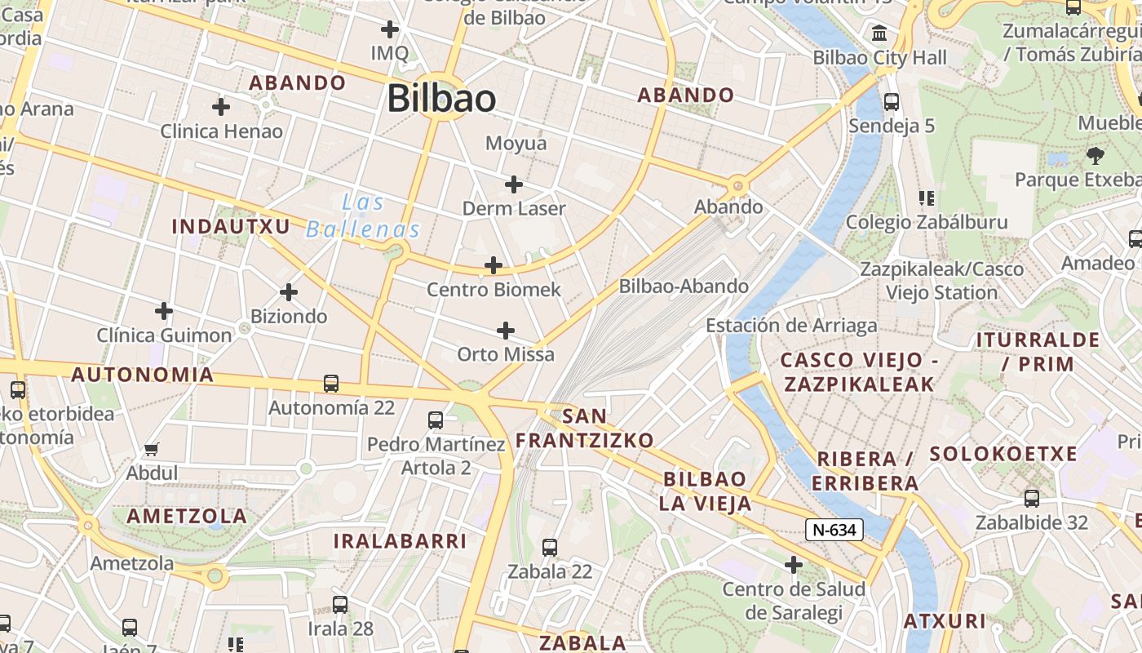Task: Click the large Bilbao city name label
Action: [x=441, y=99]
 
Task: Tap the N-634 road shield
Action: [x=834, y=530]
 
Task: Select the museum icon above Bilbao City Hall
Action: [x=880, y=34]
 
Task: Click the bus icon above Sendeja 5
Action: [x=892, y=102]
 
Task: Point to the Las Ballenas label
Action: [x=363, y=216]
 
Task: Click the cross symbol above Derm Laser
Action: [x=513, y=184]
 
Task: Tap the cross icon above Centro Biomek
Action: [x=494, y=265]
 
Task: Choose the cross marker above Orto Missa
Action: [x=506, y=331]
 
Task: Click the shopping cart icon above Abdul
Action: [x=151, y=449]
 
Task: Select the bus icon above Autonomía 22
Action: [x=331, y=383]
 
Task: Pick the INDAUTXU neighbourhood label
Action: [x=231, y=226]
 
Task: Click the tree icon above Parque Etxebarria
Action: [x=1095, y=155]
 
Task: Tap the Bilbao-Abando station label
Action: [x=684, y=287]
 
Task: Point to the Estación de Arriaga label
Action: [x=791, y=326]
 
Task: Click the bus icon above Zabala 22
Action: [x=550, y=548]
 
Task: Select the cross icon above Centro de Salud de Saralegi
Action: [x=793, y=565]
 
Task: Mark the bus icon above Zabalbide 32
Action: [x=1032, y=498]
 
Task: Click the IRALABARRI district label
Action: [x=400, y=541]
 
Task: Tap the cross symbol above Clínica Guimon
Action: [x=164, y=311]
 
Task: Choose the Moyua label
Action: [x=516, y=144]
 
